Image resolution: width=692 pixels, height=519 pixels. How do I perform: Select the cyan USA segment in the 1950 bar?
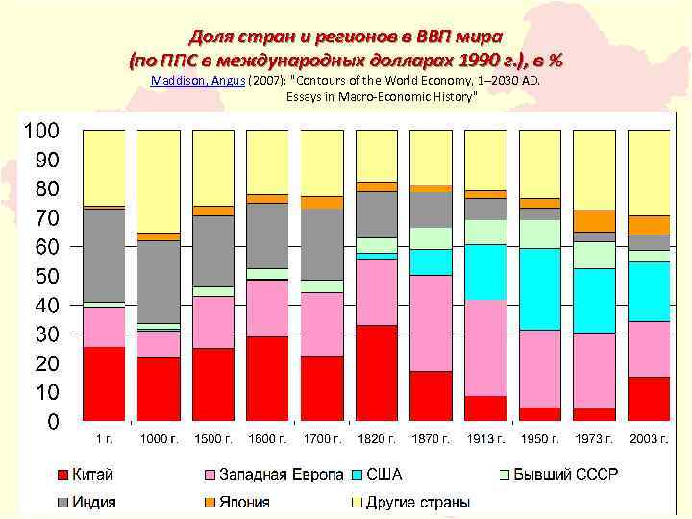[x=540, y=288]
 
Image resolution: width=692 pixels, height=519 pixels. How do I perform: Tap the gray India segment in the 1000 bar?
[x=159, y=282]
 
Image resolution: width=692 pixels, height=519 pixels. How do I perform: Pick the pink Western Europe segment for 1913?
[x=485, y=347]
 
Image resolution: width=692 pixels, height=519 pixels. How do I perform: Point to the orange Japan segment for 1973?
[x=594, y=220]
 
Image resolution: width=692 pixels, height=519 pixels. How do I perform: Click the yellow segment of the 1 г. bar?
[x=104, y=167]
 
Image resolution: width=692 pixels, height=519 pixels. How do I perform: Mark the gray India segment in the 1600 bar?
[x=267, y=235]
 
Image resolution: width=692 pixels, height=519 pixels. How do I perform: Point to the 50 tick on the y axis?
[x=46, y=276]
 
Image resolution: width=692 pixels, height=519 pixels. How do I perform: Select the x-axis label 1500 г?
[x=213, y=439]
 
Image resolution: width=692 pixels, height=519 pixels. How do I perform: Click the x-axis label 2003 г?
[x=649, y=439]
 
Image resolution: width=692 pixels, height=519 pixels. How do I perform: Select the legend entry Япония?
[x=244, y=502]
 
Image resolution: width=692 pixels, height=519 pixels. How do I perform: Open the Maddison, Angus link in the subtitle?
[x=198, y=82]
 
